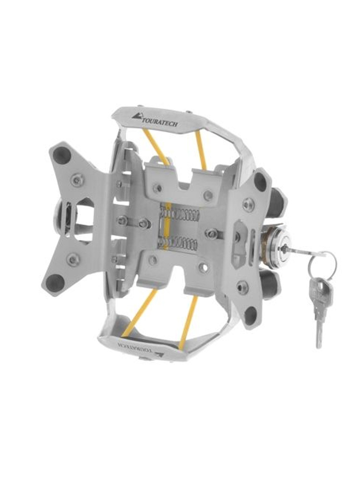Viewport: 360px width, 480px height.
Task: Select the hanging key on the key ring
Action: [x=318, y=307]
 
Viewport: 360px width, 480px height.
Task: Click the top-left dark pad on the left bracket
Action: [x=61, y=155]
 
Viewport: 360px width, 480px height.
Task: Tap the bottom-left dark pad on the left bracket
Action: [x=54, y=282]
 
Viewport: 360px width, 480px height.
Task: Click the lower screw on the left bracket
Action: [x=73, y=260]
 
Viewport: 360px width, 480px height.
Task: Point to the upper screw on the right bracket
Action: [x=248, y=204]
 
